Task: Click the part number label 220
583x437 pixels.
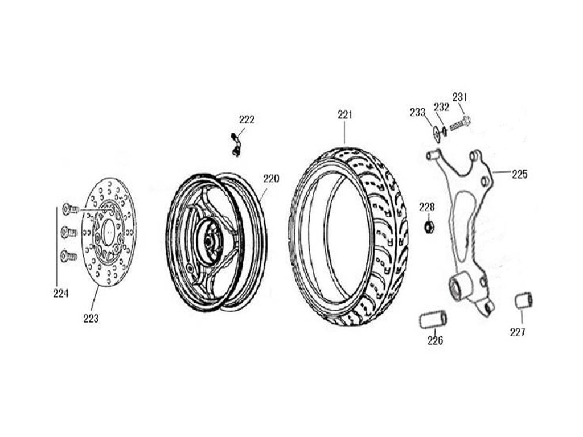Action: [x=271, y=178]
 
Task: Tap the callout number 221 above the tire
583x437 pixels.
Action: [x=345, y=115]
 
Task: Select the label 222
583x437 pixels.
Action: [x=247, y=119]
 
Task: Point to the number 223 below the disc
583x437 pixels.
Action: [x=91, y=319]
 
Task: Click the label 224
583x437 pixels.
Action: [x=61, y=294]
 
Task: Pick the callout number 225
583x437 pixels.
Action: [x=519, y=174]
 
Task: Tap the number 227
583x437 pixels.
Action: [x=518, y=332]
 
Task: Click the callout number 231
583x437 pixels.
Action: [x=460, y=97]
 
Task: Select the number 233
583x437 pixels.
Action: [x=417, y=112]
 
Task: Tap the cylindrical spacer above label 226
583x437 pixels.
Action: [x=433, y=320]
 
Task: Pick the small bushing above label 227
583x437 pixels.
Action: [x=523, y=300]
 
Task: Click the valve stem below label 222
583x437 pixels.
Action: [x=235, y=145]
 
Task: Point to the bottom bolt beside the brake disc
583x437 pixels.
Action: [x=69, y=255]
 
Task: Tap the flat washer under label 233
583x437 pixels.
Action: [x=436, y=133]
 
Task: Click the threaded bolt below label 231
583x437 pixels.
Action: [x=460, y=123]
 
